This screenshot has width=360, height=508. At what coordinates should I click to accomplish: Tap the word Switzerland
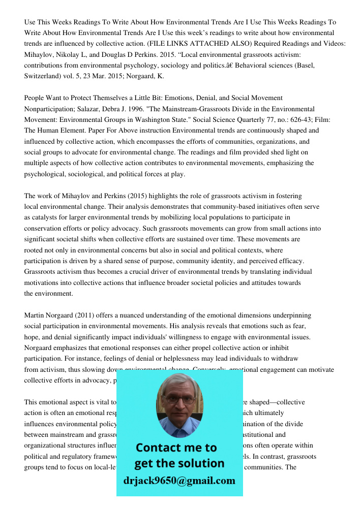[x=43, y=76]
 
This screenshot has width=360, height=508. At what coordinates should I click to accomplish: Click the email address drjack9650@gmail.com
[x=179, y=481]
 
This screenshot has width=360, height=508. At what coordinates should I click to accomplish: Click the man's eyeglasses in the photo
[x=179, y=399]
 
